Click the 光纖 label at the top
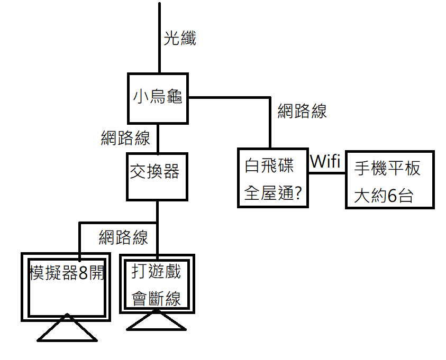pyautogui.click(x=180, y=39)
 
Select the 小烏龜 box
pyautogui.click(x=158, y=98)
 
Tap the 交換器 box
pyautogui.click(x=157, y=177)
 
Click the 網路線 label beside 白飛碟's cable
pyautogui.click(x=302, y=111)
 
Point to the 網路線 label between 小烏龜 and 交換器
pyautogui.click(x=125, y=138)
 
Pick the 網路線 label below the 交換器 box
pyautogui.click(x=123, y=237)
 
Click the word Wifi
pyautogui.click(x=325, y=161)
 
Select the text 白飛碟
pyautogui.click(x=269, y=166)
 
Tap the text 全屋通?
pyautogui.click(x=272, y=193)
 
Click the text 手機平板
pyautogui.click(x=387, y=169)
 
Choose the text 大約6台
pyautogui.click(x=383, y=196)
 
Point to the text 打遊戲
pyautogui.click(x=156, y=272)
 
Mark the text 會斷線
pyautogui.click(x=156, y=298)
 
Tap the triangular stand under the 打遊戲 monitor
pyautogui.click(x=157, y=321)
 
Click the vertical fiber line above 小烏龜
pyautogui.click(x=159, y=37)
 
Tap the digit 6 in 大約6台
pyautogui.click(x=392, y=196)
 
